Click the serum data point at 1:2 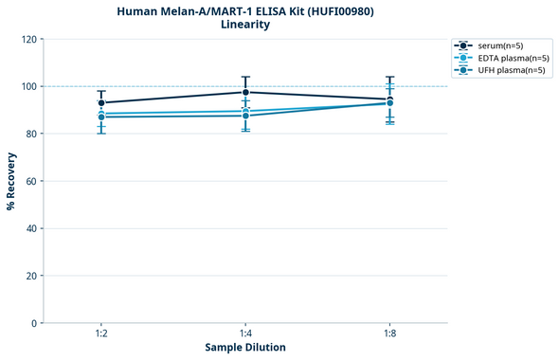tap(101, 102)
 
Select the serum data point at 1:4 tap(245, 92)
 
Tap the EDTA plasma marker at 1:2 tap(101, 114)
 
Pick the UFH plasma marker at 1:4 tap(245, 116)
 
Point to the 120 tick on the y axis tap(28, 39)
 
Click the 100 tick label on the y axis tap(28, 86)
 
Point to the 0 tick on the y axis tap(34, 323)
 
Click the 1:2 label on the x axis tap(101, 334)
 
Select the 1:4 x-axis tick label tap(245, 334)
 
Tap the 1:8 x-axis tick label tap(389, 334)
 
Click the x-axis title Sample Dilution tap(245, 348)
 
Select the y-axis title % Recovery tap(11, 180)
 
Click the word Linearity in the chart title tap(244, 25)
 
